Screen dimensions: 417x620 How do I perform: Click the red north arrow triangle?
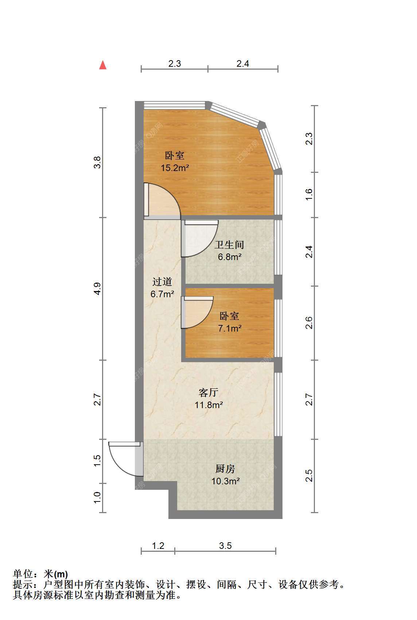tap(103, 65)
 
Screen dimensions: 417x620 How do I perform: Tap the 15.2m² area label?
tap(175, 168)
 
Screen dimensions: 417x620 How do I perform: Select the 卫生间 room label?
tap(229, 245)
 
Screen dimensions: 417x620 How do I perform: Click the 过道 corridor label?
tap(162, 282)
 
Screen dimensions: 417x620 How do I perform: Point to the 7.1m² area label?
tap(230, 328)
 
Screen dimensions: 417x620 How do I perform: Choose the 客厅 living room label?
tap(208, 392)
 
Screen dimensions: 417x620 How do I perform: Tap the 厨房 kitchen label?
tap(225, 469)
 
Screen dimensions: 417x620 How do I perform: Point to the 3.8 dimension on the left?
tap(97, 162)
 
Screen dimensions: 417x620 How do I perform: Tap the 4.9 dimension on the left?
tap(97, 289)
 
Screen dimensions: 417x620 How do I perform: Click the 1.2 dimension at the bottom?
tap(158, 546)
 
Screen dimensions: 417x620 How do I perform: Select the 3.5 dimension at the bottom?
tap(225, 546)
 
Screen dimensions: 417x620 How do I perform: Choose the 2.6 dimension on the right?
tap(309, 323)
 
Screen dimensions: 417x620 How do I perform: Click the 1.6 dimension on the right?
tap(309, 195)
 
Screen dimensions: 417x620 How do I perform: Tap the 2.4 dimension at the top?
tap(243, 64)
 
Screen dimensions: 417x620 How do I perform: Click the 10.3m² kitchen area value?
tap(226, 481)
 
